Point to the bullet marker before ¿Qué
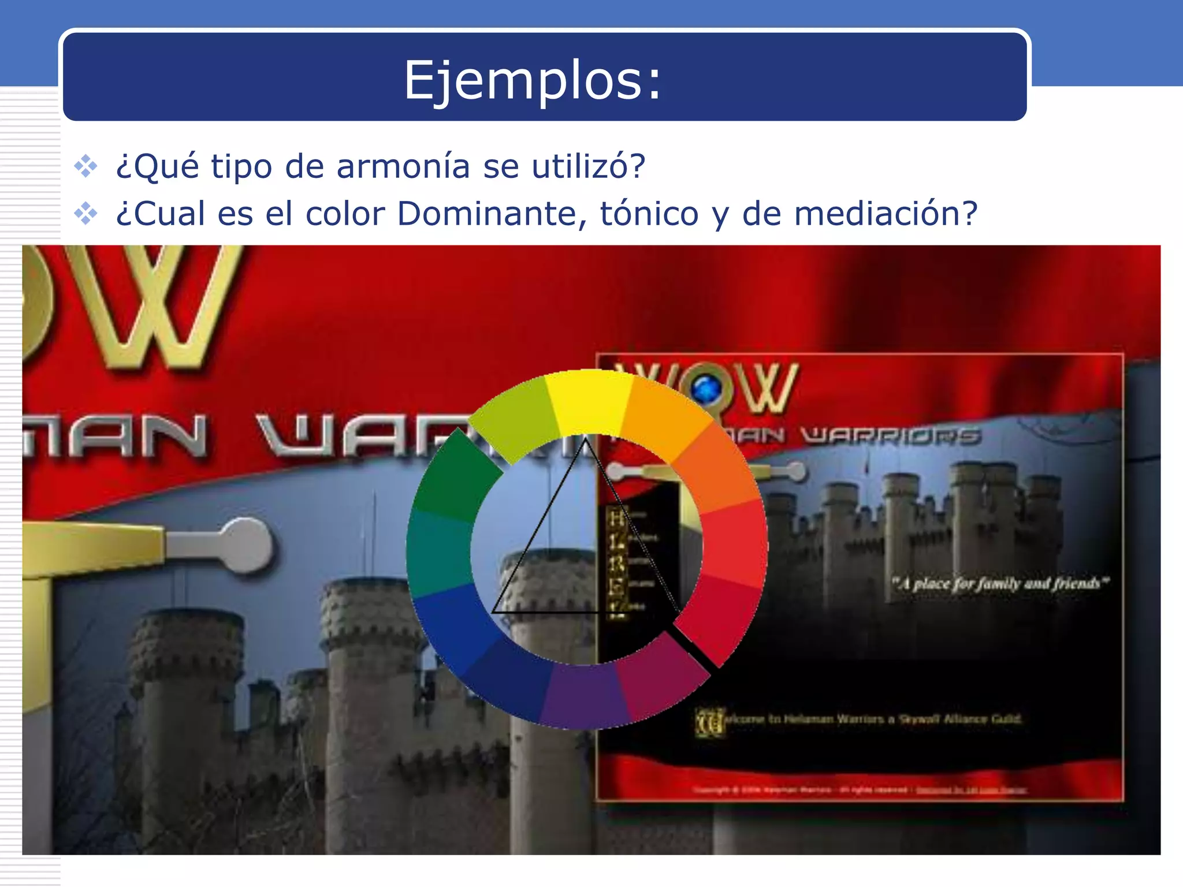point(86,166)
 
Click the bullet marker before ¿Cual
point(86,214)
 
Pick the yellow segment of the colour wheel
point(588,401)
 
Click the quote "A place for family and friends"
point(999,583)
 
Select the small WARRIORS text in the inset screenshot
point(892,436)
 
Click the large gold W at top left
point(156,306)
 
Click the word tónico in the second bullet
point(649,214)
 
